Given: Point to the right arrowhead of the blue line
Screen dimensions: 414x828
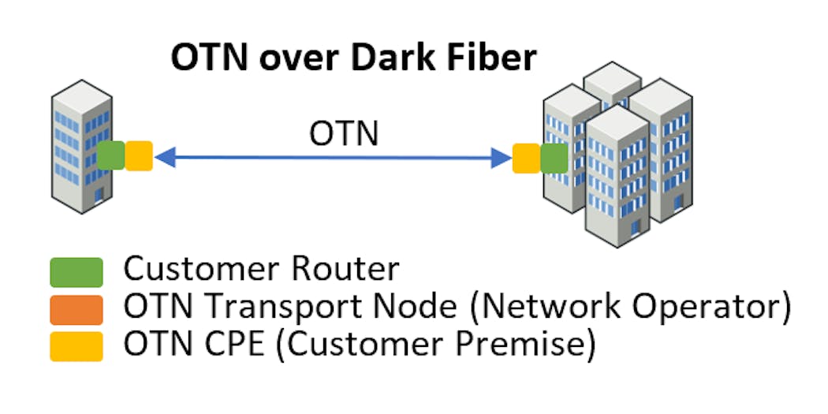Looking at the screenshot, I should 502,158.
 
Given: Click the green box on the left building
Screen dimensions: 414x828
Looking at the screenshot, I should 111,155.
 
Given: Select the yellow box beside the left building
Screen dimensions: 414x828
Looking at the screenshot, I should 139,155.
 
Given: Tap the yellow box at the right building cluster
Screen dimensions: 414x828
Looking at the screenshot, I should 526,158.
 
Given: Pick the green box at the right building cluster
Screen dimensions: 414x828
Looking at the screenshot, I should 554,158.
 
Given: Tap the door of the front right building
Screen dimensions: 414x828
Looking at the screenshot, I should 635,228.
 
